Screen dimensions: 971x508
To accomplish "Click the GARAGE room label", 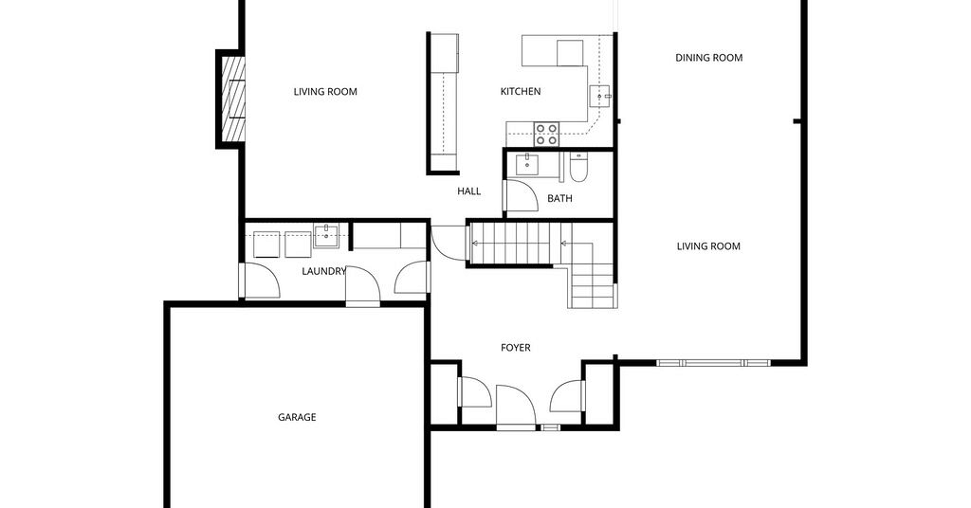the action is [297, 418].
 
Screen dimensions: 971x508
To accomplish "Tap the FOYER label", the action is [515, 349].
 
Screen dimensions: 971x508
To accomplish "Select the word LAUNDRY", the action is [323, 271].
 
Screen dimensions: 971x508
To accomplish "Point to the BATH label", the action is [559, 199].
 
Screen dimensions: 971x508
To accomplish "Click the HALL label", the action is [468, 191].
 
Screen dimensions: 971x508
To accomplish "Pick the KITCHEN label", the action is [521, 92].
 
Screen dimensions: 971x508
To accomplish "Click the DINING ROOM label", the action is [708, 58].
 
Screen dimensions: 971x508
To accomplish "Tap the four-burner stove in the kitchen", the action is [547, 135].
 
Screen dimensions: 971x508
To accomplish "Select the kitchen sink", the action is [600, 97].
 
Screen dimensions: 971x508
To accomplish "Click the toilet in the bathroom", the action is [577, 167].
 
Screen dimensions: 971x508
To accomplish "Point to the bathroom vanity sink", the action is [526, 164].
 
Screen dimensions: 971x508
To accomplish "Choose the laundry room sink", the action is [326, 236].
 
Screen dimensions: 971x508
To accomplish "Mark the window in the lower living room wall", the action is [713, 363].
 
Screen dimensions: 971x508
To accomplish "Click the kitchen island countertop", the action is [443, 102].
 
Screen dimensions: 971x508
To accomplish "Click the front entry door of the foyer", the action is [516, 407].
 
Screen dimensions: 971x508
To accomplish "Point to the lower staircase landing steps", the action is [592, 286].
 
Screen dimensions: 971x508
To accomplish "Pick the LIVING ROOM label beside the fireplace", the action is [325, 92].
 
